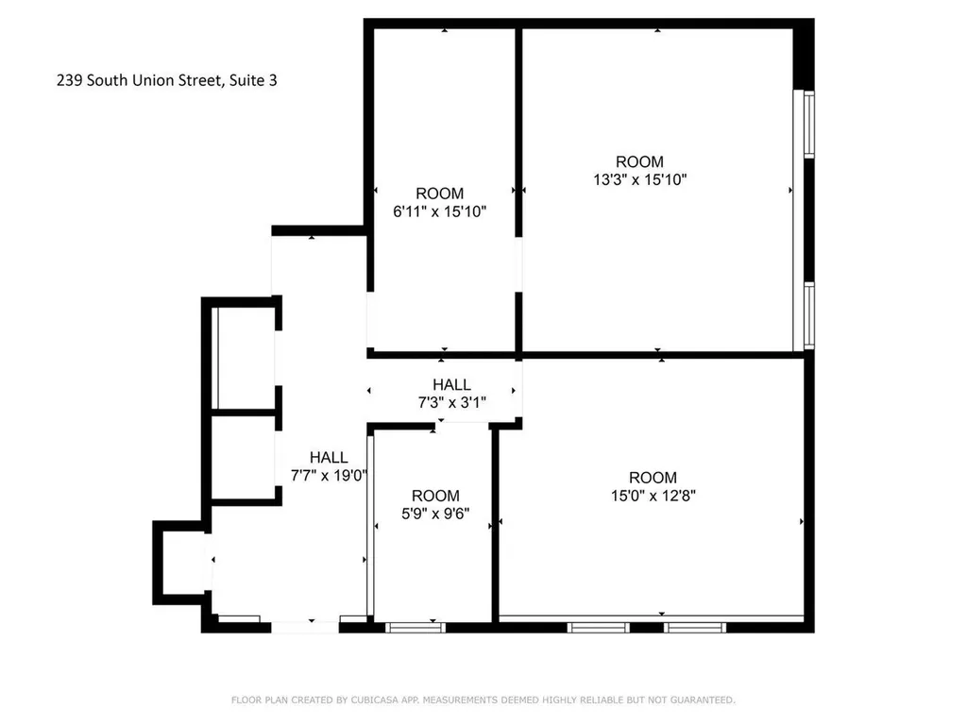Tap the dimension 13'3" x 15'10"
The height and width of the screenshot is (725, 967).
coord(639,179)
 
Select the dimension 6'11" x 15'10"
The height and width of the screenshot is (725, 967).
coord(439,211)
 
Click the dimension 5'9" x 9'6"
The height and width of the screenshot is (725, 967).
coord(435,514)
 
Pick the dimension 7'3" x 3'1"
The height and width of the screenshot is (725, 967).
coord(451,402)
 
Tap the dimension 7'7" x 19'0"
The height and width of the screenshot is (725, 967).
coord(329,475)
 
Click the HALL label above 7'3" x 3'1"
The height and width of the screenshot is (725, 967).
coord(451,385)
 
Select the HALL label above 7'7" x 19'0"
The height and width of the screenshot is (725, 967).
coord(329,458)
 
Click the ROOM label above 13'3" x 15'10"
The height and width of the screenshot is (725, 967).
coord(639,161)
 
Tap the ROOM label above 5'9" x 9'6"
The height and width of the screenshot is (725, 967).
coord(435,496)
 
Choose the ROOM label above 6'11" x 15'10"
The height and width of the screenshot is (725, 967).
coord(439,194)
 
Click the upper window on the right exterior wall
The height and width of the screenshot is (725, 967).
coord(808,124)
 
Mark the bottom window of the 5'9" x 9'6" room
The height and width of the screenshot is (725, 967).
coord(416,626)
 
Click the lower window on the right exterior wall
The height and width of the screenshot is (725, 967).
coord(808,315)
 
